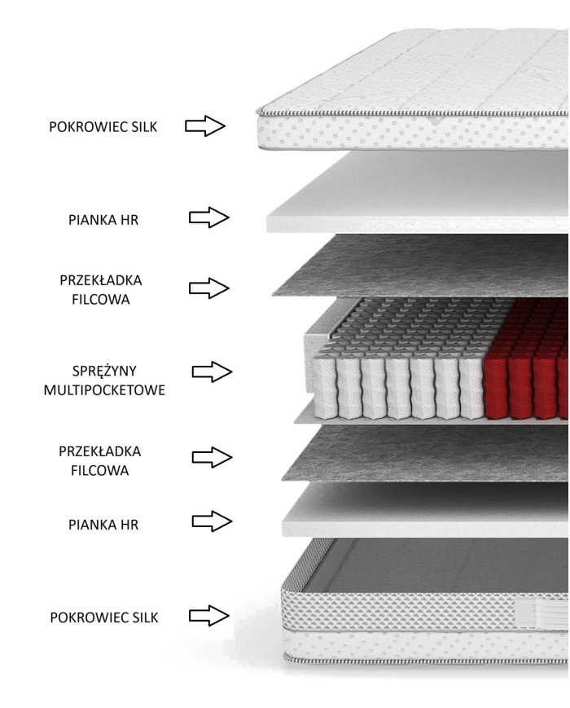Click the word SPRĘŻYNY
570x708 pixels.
point(104,372)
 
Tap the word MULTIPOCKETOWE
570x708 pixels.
point(104,390)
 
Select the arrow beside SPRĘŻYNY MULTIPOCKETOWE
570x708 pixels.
point(212,372)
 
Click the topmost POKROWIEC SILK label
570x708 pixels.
point(103,127)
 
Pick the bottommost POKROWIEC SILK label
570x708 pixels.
point(104,618)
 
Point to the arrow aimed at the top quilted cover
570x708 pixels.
point(205,125)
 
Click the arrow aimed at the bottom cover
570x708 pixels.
point(209,615)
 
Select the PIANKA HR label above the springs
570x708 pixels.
point(103,220)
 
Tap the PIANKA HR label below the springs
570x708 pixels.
point(103,525)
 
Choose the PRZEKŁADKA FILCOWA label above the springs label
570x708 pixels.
point(101,289)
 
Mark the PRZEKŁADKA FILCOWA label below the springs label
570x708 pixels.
point(99,460)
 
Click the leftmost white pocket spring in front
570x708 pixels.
point(324,386)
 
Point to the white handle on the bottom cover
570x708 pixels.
point(541,613)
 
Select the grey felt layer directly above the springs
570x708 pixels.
point(419,266)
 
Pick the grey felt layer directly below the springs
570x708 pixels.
point(424,453)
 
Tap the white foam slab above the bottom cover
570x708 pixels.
point(425,511)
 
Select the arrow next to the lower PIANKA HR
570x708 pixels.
point(212,521)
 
